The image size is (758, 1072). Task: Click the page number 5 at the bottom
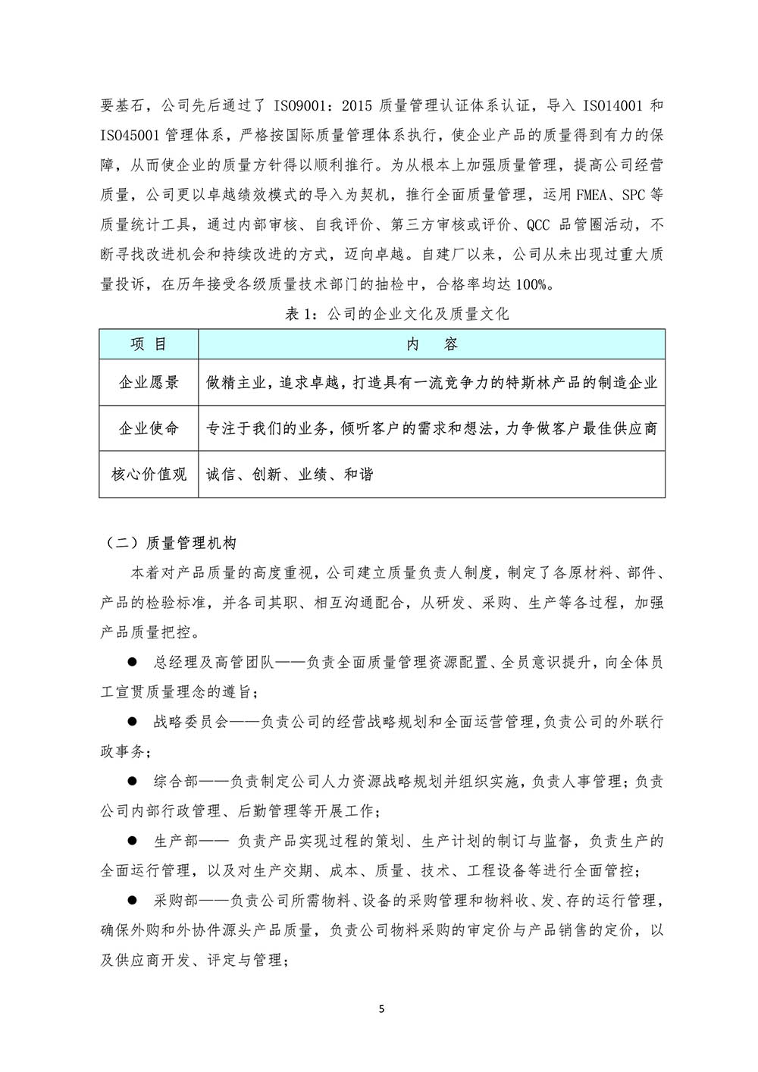coord(381,1009)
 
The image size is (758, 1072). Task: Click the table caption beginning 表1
coord(396,314)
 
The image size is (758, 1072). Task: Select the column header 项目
coord(149,344)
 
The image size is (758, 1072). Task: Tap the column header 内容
coord(432,344)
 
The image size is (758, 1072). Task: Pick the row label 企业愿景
coord(149,383)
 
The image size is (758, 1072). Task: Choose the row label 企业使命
coord(149,428)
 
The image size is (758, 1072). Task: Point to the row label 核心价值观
coord(149,475)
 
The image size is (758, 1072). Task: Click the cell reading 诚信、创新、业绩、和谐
coord(290,475)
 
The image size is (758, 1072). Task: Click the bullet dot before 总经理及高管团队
coord(132,662)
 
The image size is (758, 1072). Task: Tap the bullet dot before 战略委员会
coord(132,721)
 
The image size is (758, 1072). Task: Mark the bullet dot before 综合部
coord(132,781)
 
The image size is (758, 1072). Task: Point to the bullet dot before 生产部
coord(132,841)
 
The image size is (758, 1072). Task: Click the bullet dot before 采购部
coord(132,900)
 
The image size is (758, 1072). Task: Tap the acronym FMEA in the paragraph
coord(591,195)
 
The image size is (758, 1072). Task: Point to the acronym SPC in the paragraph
coord(634,195)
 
